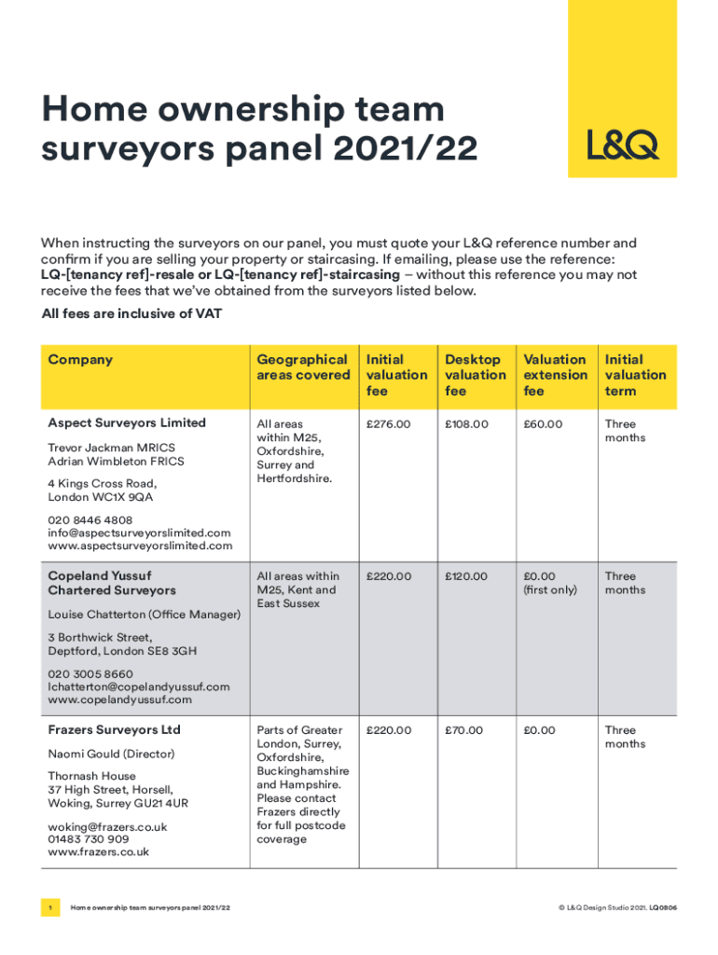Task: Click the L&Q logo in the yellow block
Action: click(x=622, y=145)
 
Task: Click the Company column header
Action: click(x=80, y=359)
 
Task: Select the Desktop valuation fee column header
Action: click(x=476, y=375)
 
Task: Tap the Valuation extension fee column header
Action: click(x=555, y=375)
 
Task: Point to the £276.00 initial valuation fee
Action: click(x=388, y=424)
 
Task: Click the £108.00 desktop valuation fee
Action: click(x=466, y=424)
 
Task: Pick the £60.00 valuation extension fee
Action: click(x=543, y=424)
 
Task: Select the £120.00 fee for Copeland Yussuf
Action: click(x=466, y=577)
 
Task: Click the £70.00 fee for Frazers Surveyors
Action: click(x=463, y=730)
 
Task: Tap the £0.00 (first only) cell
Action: click(x=550, y=584)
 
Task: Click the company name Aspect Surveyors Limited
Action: click(x=127, y=423)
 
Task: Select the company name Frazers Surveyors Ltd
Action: click(x=114, y=729)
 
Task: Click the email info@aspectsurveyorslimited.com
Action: click(x=139, y=533)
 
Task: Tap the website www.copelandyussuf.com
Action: click(x=119, y=699)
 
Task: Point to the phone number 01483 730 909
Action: click(x=89, y=839)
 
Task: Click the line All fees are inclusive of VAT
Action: click(x=131, y=314)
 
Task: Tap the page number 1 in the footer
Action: click(x=50, y=907)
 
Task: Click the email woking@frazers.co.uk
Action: click(x=107, y=826)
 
